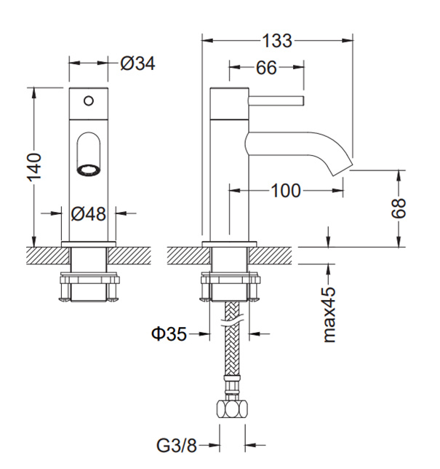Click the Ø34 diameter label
point(138,63)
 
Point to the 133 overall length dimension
point(277,42)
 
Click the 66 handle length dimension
point(266,68)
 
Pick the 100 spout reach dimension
point(286,191)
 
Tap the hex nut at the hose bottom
point(232,409)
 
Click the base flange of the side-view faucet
point(230,243)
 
